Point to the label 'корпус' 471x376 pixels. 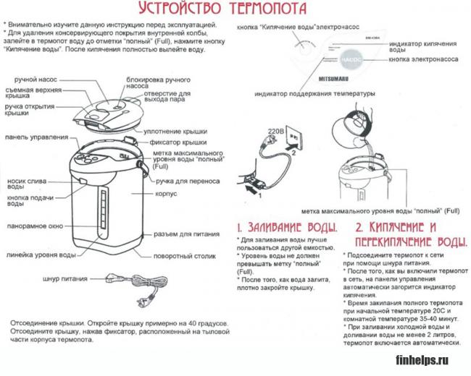[x=167, y=195]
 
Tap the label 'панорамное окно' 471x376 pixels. [x=36, y=226]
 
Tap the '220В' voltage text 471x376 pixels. [x=275, y=132]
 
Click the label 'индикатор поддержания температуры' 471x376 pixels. [x=314, y=94]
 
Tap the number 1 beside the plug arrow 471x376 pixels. [x=251, y=194]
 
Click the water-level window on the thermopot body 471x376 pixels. [x=104, y=213]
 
